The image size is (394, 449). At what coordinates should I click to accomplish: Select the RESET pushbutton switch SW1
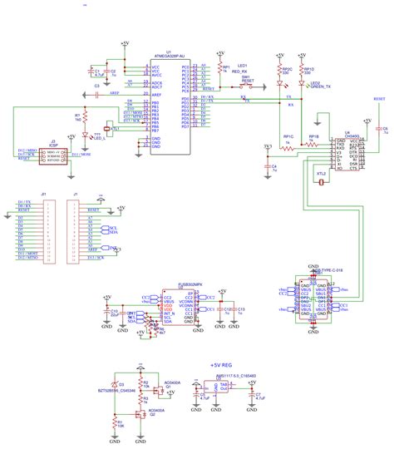(246, 85)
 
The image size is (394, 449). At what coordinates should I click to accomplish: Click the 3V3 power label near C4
(267, 147)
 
